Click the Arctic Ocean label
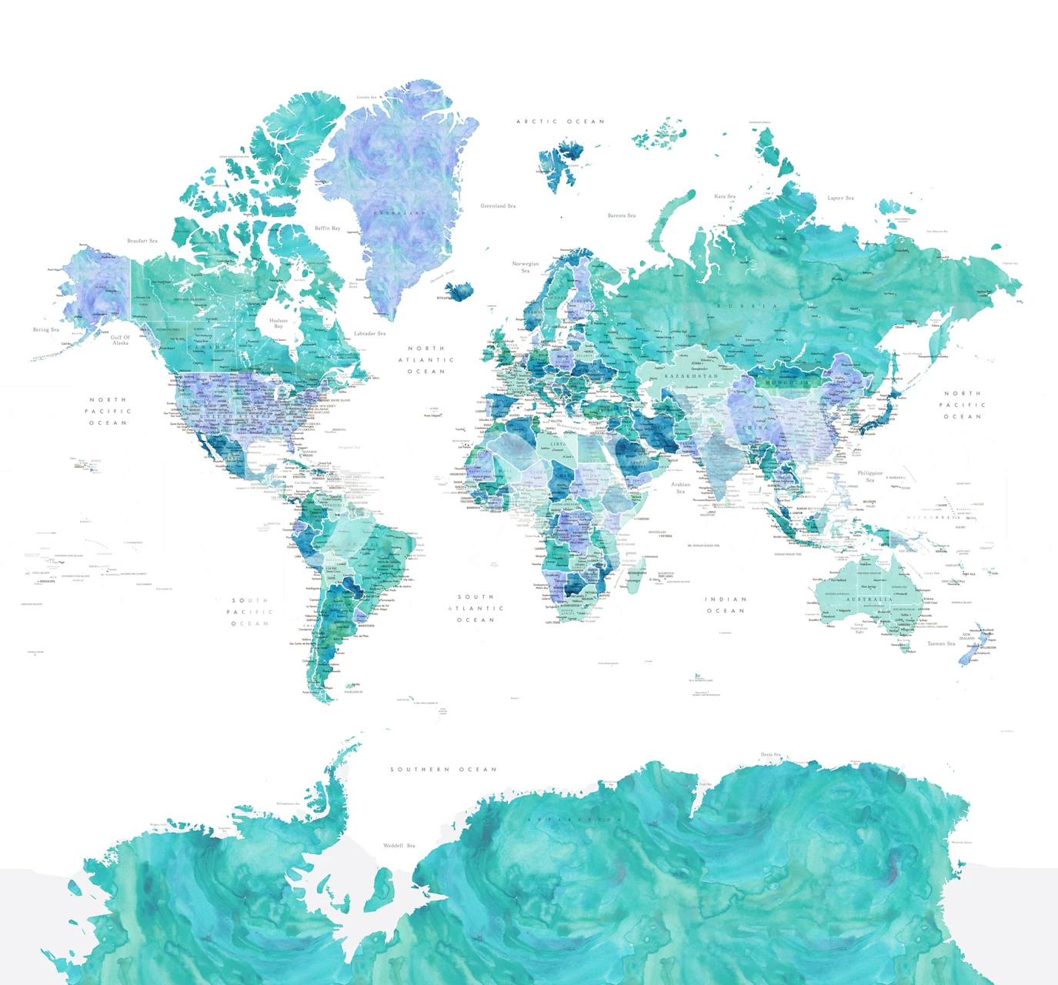coord(560,122)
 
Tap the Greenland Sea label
coord(498,206)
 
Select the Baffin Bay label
coord(327,229)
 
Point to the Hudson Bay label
coord(279,323)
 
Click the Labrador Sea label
coord(369,334)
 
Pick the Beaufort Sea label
coord(142,241)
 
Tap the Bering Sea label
coord(46,330)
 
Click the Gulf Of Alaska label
coord(121,340)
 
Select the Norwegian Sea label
coord(526,267)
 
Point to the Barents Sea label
coord(622,215)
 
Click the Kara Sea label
coord(725,196)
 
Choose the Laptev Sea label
coord(840,199)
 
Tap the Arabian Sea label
coord(681,488)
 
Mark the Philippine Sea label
coord(870,476)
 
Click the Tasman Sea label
coord(941,644)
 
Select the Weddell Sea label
coord(399,846)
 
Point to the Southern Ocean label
coord(443,770)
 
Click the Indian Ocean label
coord(726,605)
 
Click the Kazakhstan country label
coord(691,376)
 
